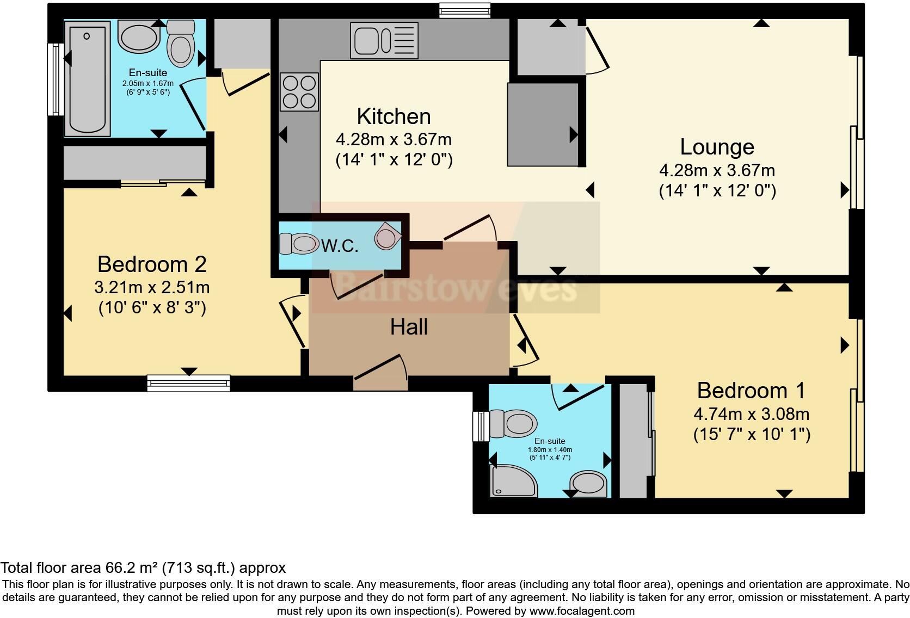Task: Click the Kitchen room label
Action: coord(393,116)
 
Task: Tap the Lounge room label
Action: coord(717,147)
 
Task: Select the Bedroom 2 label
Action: coord(152,264)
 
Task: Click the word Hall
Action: coord(409,327)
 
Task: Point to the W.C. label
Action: coord(340,246)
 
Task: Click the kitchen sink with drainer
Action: coord(384,40)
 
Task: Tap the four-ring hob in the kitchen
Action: coord(299,92)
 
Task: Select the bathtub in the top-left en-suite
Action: coord(87,77)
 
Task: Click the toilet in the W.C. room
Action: coord(299,244)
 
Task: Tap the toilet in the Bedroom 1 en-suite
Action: coord(513,424)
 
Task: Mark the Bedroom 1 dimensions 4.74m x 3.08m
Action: coord(751,414)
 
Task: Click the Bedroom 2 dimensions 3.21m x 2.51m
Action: coord(152,287)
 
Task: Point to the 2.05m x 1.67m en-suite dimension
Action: coord(147,83)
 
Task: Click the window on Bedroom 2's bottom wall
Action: coord(189,383)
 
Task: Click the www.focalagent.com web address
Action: coord(582,611)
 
